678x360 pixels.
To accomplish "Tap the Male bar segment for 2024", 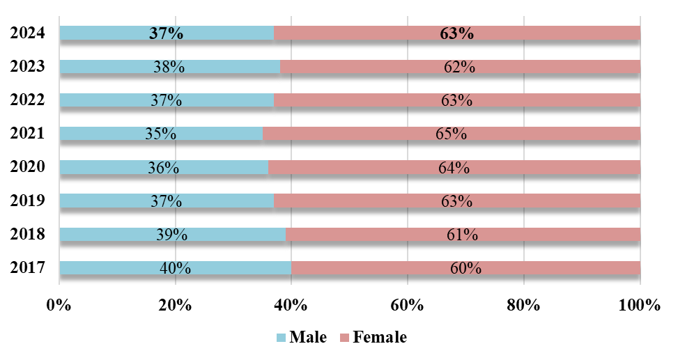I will click(x=105, y=33).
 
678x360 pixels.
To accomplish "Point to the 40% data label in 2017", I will click(x=174, y=268).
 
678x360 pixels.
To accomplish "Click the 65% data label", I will click(x=451, y=134).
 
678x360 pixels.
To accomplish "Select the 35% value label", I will click(x=160, y=134).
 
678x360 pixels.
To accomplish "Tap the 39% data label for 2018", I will click(x=171, y=235).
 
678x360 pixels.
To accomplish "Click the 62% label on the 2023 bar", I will click(x=459, y=67).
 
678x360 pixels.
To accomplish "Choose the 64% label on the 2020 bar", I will click(x=454, y=168).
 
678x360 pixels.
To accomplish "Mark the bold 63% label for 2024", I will click(x=456, y=33).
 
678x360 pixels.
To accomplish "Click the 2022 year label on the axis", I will click(x=28, y=100).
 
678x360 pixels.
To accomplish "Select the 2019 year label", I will click(x=28, y=201).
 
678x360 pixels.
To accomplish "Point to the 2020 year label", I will click(x=28, y=167).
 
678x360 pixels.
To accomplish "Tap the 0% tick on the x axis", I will click(x=59, y=304).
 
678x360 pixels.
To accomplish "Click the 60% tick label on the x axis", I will click(x=408, y=304).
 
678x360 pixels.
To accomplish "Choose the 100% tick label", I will click(x=639, y=304).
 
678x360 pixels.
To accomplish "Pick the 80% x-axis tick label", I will click(x=523, y=304).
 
